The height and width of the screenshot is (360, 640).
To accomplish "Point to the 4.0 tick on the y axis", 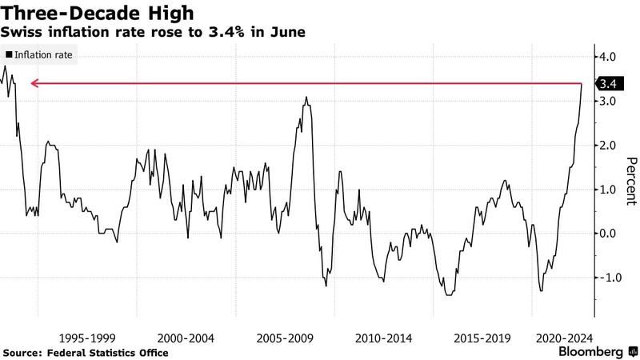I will [x=607, y=58].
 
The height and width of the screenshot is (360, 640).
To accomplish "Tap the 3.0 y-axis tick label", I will [x=607, y=102].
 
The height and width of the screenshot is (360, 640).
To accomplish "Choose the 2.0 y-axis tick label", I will [x=607, y=146].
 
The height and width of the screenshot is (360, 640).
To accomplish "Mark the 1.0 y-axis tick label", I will [x=607, y=190].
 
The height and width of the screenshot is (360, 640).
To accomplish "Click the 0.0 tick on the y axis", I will [x=607, y=234].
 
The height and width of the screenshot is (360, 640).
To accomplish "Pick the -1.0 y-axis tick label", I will [x=606, y=278].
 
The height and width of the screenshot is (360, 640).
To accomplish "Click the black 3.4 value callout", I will [x=606, y=83].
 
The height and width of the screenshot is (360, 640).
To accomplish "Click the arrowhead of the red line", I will [x=32, y=83].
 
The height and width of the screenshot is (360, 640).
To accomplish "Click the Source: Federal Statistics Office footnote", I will [x=86, y=353].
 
